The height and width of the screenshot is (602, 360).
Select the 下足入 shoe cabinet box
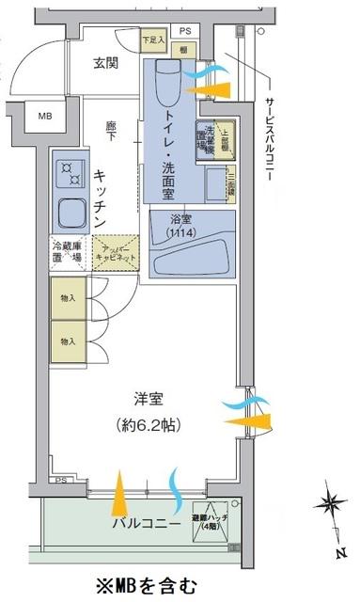coord(152,40)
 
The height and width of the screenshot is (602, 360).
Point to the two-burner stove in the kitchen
coord(70,172)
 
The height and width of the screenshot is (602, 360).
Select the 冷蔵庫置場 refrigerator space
coord(68,253)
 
